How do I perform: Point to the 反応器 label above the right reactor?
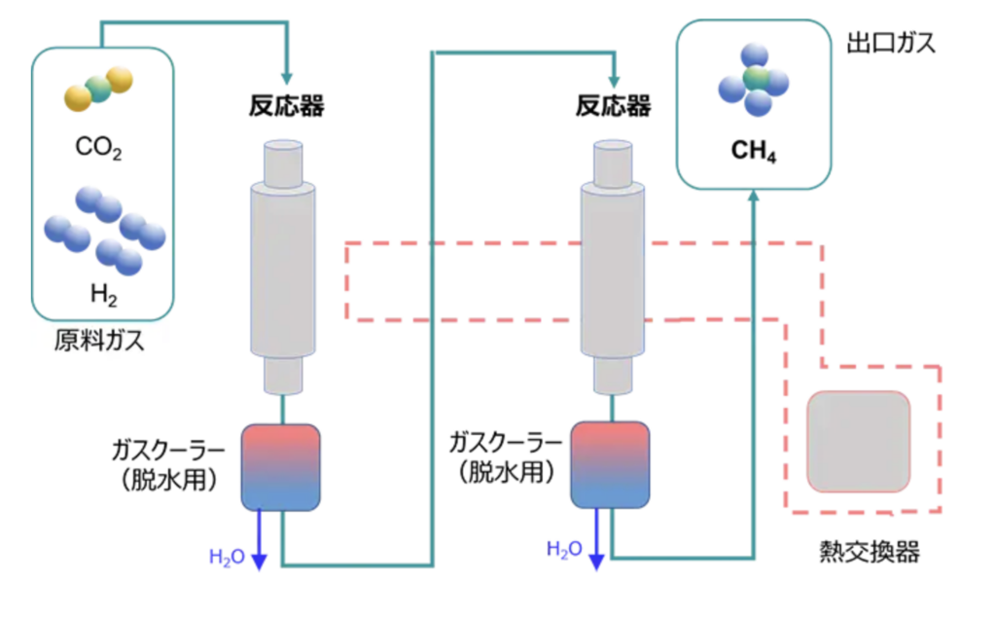613,106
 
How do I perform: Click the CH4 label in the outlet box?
754,153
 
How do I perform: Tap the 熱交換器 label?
871,554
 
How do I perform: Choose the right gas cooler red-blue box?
610,465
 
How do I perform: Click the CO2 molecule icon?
97,88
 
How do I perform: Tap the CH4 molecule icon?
754,78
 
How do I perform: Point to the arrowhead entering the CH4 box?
754,198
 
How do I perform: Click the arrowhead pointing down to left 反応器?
286,77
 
